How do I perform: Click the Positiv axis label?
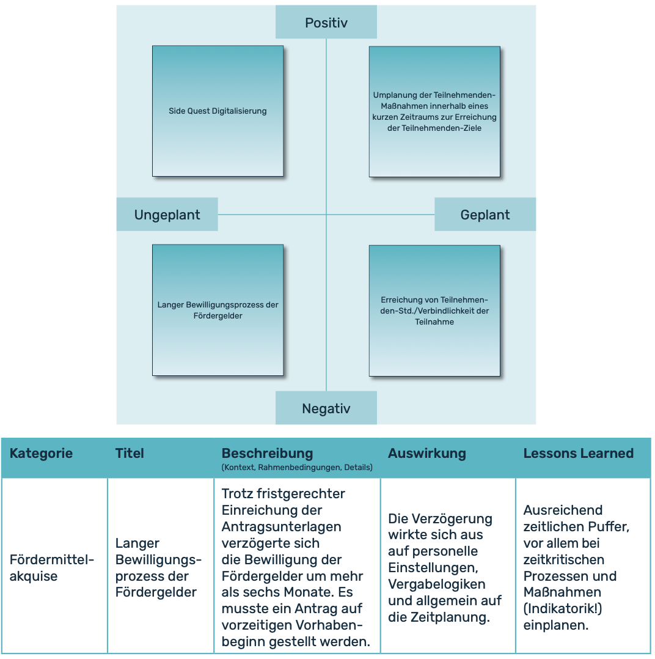[326, 23]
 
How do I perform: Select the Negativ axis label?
[326, 408]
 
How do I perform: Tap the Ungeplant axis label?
[167, 215]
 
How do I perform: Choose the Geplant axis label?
[485, 215]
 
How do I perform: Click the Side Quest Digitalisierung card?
[218, 111]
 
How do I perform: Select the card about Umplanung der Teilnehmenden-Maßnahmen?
[434, 111]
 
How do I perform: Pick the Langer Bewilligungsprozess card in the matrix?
[218, 311]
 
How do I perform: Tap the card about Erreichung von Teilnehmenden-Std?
[434, 311]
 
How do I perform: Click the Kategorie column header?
[41, 454]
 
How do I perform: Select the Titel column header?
[130, 454]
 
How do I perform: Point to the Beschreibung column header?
[267, 454]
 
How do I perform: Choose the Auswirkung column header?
[426, 454]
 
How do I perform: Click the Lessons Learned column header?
[578, 454]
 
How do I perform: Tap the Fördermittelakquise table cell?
[52, 568]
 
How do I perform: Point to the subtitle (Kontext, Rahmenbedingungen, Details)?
[297, 468]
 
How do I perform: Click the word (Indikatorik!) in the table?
[563, 609]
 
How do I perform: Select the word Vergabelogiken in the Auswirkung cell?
[437, 584]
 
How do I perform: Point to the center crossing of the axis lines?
[326, 215]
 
